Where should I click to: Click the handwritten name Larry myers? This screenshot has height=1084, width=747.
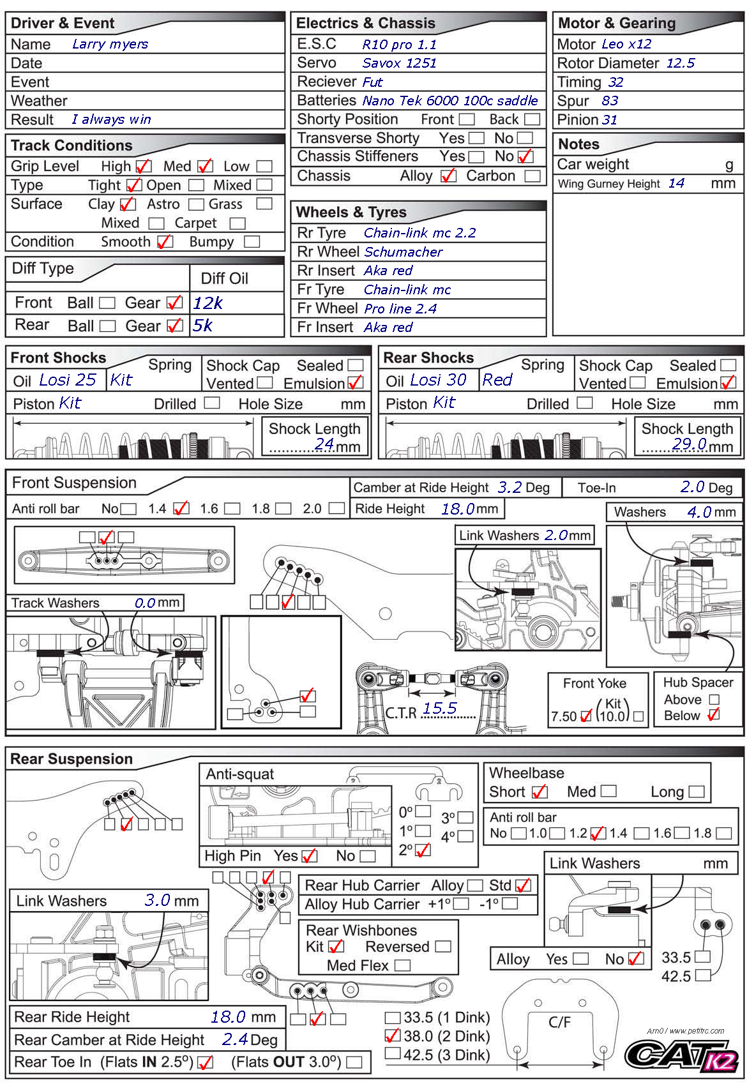110,44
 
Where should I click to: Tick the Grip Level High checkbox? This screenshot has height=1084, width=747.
143,167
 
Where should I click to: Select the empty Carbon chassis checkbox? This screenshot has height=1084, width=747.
532,176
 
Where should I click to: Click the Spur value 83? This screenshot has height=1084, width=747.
610,101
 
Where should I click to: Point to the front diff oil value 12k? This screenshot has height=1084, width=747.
208,303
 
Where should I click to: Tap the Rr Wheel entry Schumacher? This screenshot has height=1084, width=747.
404,252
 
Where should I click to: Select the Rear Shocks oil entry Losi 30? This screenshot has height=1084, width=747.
438,380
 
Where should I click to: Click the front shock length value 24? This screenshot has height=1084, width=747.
324,444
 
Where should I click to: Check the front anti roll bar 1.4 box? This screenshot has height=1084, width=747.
181,509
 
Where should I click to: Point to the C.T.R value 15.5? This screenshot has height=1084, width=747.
439,708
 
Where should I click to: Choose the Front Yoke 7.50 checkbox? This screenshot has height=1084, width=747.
586,716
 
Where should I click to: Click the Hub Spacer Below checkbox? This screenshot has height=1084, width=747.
714,715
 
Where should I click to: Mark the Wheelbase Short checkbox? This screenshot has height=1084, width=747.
539,792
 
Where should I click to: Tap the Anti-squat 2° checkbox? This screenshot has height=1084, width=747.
423,850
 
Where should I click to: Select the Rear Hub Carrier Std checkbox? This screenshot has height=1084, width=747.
524,885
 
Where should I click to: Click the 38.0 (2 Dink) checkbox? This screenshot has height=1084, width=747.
393,1035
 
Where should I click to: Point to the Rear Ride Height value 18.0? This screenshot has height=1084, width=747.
228,1017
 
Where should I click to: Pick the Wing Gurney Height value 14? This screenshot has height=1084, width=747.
676,184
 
